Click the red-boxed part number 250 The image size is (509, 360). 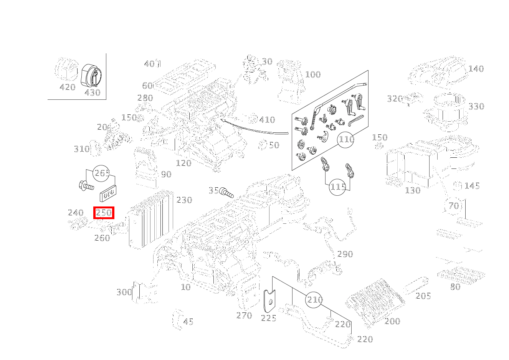pos(104,213)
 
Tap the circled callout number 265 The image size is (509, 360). pos(102,173)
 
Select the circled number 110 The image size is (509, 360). pos(346,139)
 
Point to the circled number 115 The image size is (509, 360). pos(338,187)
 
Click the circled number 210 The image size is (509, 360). pos(315,299)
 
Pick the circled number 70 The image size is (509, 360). pos(454,206)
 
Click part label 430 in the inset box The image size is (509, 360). pos(92,92)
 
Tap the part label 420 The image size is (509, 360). pos(68,87)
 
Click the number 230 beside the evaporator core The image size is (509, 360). pos(184,200)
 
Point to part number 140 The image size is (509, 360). pos(476,69)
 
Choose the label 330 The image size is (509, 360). pos(476,106)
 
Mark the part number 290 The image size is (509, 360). pos(345,254)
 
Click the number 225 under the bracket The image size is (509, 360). pos(268,318)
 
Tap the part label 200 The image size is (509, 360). pos(392,321)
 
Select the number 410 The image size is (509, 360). pos(267,120)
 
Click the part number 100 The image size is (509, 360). pos(313,74)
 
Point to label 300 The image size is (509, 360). pos(124,292)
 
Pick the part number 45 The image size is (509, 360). pos(188,322)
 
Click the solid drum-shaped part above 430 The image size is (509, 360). pos(92,75)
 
